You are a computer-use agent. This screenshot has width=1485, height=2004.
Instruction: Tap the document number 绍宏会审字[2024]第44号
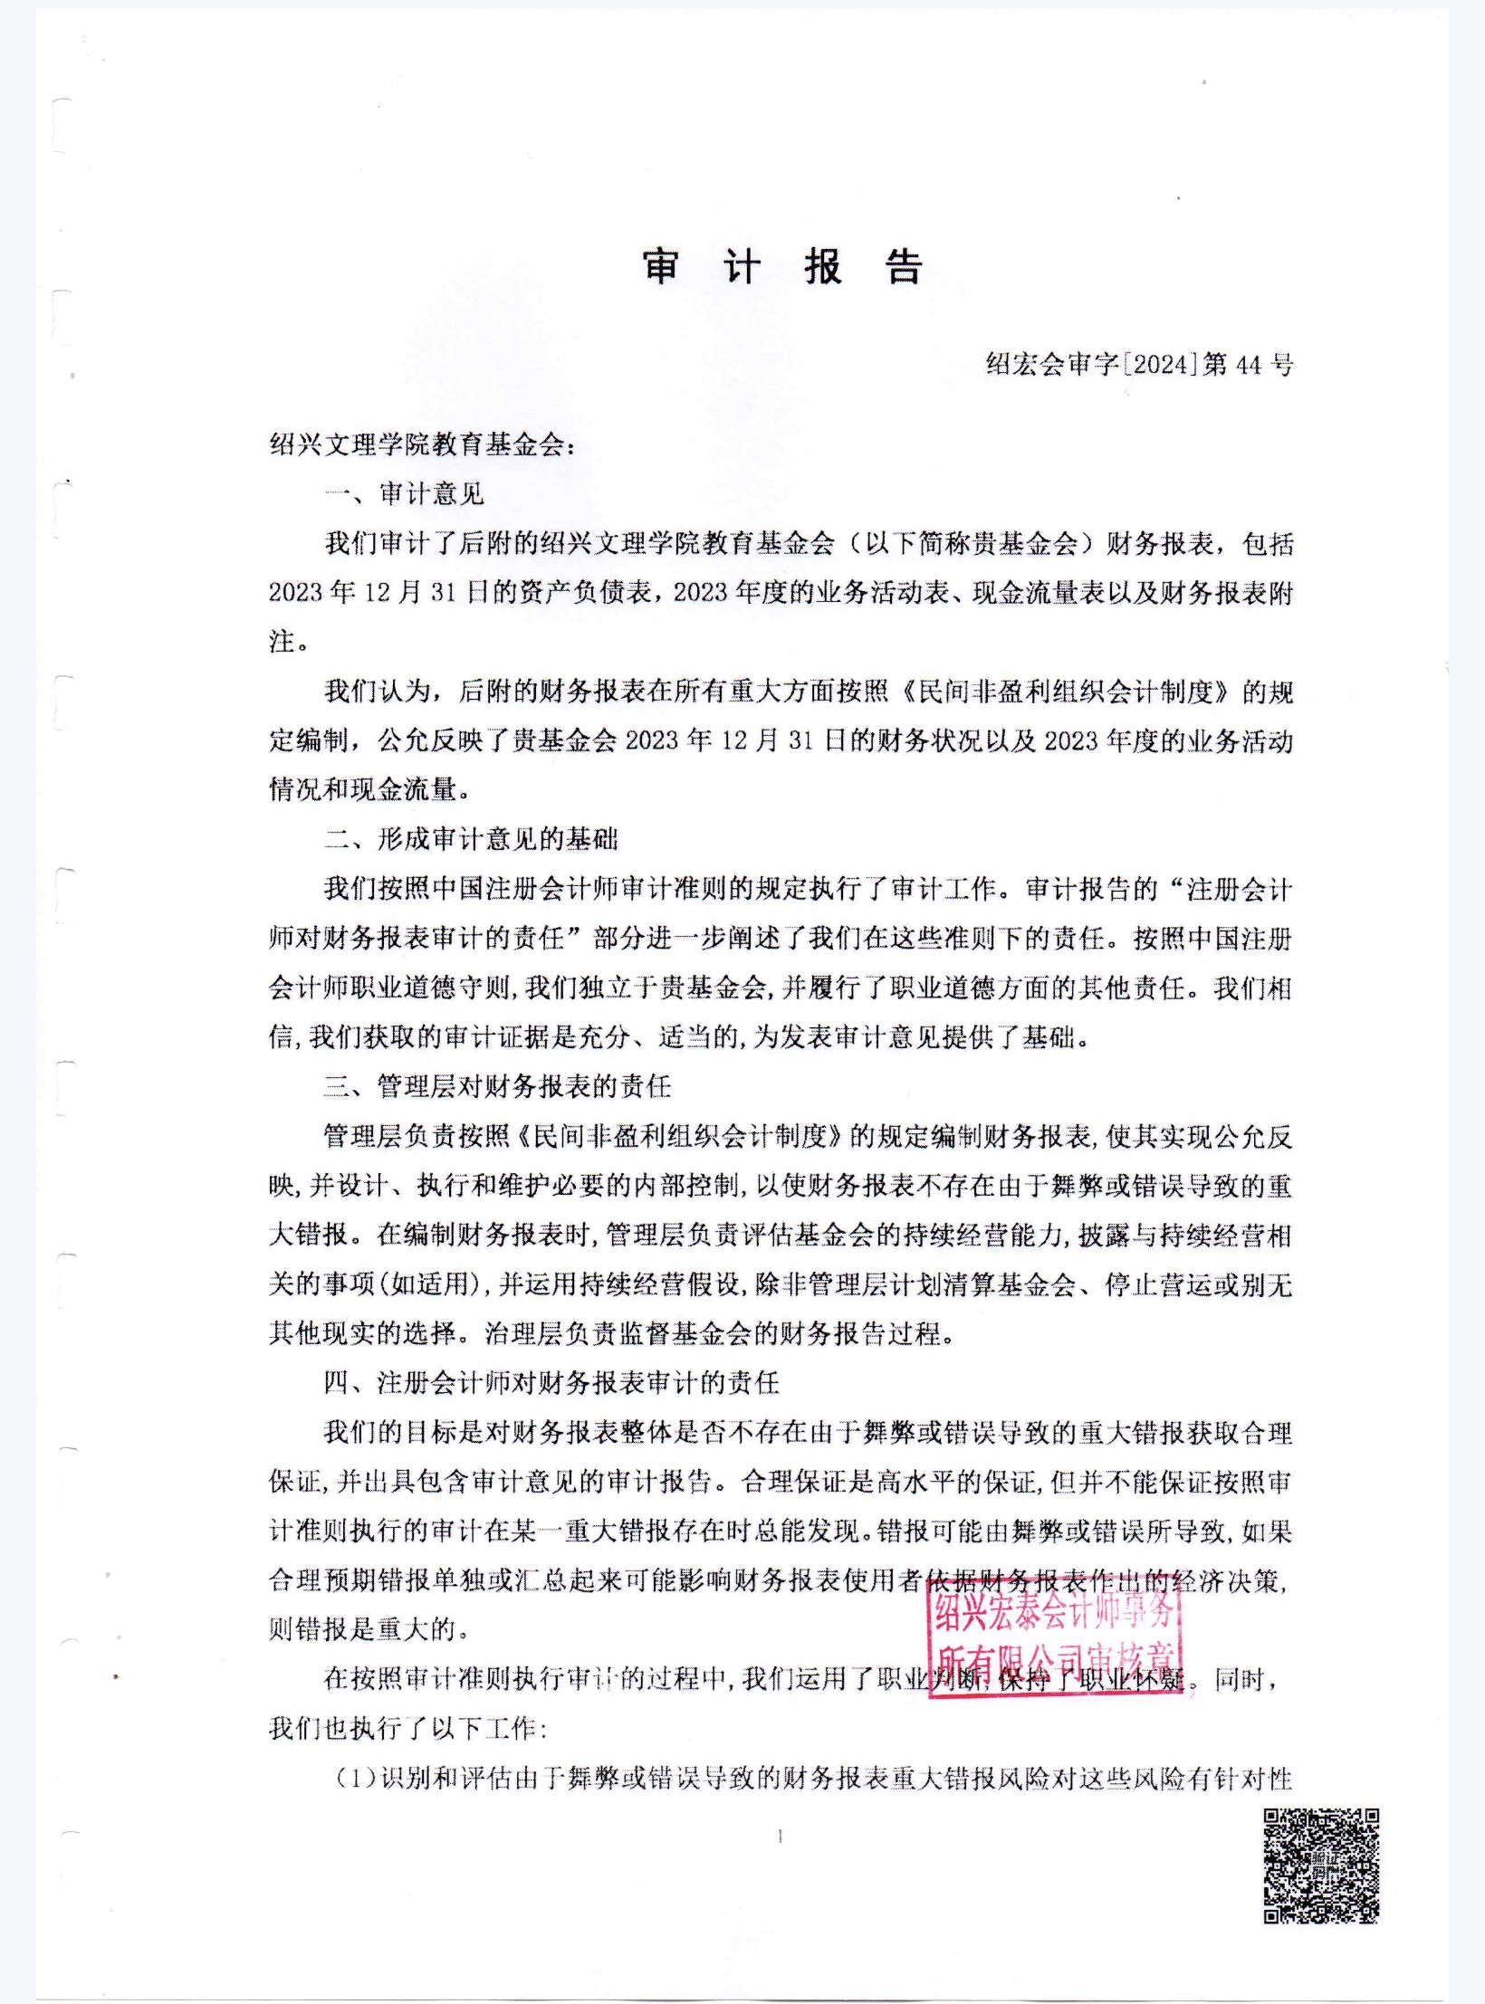coord(1139,365)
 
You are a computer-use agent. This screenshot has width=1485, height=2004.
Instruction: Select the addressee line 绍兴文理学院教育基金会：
coord(422,445)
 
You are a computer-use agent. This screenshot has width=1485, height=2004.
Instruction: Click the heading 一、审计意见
coord(405,494)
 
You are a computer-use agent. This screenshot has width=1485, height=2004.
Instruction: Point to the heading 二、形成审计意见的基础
coord(471,839)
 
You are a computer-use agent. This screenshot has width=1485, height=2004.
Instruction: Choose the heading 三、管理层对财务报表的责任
coord(497,1085)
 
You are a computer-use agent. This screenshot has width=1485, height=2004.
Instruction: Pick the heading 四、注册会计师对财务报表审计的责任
coord(551,1382)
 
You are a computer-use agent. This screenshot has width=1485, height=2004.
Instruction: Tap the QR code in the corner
coord(1321,1865)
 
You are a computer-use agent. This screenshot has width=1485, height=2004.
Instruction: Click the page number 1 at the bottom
coord(781,1837)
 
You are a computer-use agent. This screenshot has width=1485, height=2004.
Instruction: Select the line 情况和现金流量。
coord(370,789)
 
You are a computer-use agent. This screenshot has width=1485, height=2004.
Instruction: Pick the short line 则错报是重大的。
coord(370,1629)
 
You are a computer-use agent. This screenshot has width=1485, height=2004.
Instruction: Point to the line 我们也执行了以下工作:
coord(407,1729)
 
